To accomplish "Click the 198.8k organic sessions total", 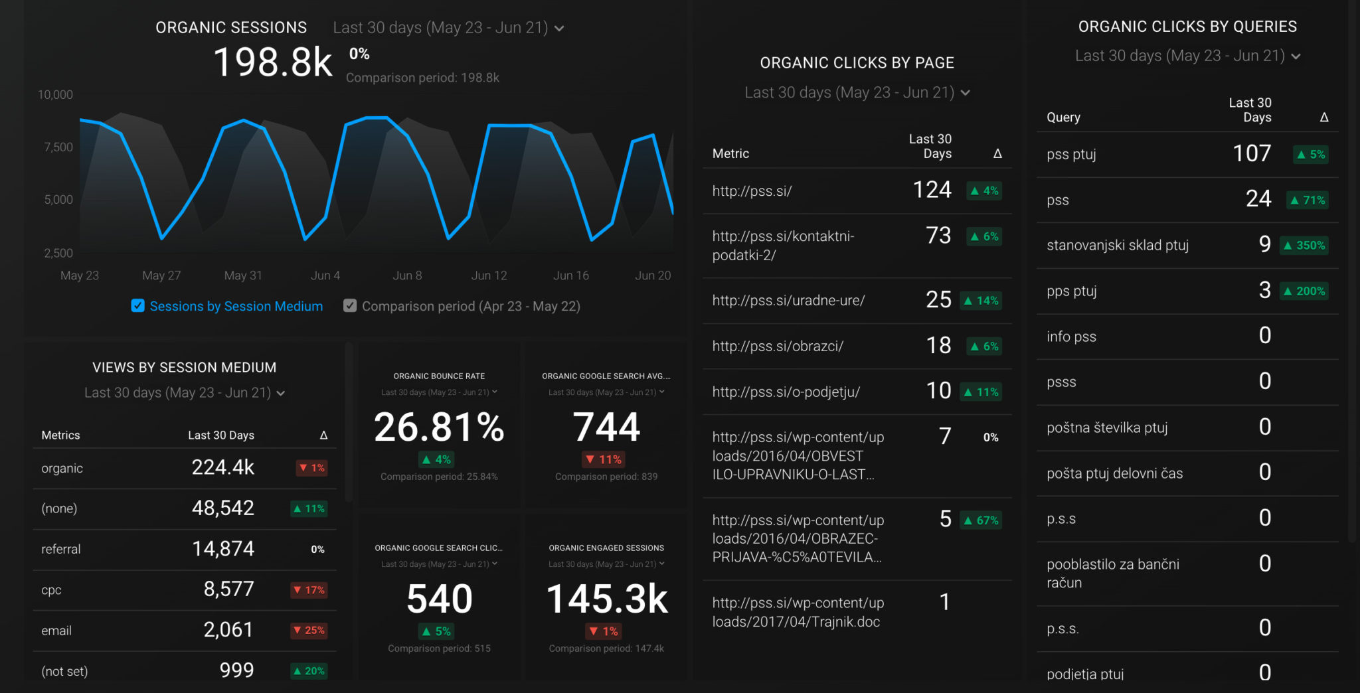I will pos(272,62).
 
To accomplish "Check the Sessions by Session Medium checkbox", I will pos(137,306).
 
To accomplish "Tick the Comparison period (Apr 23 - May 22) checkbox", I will pos(350,306).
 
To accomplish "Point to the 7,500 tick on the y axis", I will pos(58,147).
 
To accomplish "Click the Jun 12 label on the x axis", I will pos(489,275).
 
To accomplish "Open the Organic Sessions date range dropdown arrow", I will pos(559,29).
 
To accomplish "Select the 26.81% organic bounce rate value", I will pos(439,427).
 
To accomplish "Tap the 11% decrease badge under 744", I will pos(604,459).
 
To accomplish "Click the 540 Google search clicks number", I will pos(439,599).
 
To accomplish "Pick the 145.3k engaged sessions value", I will pos(606,599).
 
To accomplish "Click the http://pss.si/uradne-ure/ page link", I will pos(788,301).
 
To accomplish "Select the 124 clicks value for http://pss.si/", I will pos(932,191).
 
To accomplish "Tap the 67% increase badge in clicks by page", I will pos(981,520).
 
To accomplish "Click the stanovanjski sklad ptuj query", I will pos(1117,246).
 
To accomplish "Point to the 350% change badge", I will pos(1304,246).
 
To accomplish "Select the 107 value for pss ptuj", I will pos(1252,154).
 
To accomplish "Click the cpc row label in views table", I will pos(51,590).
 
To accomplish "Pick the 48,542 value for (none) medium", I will pos(222,508).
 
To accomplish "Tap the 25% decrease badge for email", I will pos(309,631).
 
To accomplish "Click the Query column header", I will pos(1063,117).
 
